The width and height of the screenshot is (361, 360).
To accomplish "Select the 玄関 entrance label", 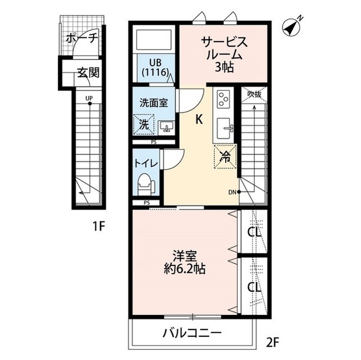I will [x=89, y=73].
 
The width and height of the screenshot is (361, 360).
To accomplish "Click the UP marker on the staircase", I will [x=89, y=99].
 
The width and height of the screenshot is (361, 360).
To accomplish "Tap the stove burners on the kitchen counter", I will [x=223, y=100].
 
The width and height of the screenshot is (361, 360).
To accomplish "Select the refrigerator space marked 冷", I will [x=224, y=157].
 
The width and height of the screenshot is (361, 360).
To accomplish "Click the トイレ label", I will [x=146, y=162].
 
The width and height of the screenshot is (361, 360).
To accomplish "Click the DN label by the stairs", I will [x=232, y=192].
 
